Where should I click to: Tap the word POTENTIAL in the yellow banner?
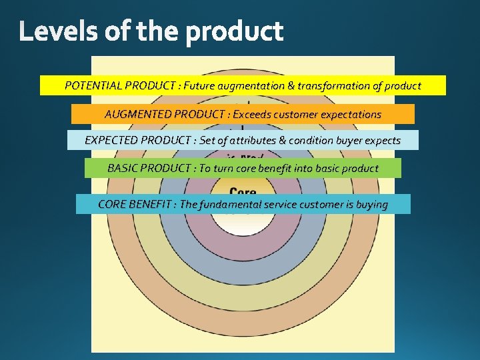point(93,86)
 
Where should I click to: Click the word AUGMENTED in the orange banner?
point(137,114)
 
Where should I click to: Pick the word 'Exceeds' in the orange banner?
point(251,114)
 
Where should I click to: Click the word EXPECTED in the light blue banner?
point(112,141)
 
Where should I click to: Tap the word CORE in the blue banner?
point(112,204)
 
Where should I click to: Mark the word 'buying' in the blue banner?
point(371,204)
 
